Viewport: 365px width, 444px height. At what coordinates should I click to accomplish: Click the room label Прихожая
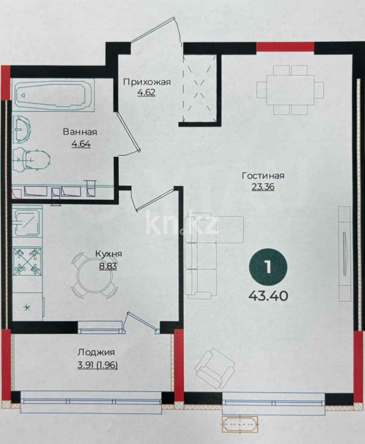pos(147,81)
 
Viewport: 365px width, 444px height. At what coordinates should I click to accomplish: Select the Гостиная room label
pos(263,176)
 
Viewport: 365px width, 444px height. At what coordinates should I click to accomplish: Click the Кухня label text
pos(108,254)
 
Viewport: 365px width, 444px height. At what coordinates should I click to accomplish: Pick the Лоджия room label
pos(96,352)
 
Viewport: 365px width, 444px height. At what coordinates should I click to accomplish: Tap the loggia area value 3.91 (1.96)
pos(97,364)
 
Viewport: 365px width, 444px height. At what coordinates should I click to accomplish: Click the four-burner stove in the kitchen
pos(28,262)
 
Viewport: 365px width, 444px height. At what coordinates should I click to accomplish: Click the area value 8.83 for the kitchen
pos(108,266)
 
